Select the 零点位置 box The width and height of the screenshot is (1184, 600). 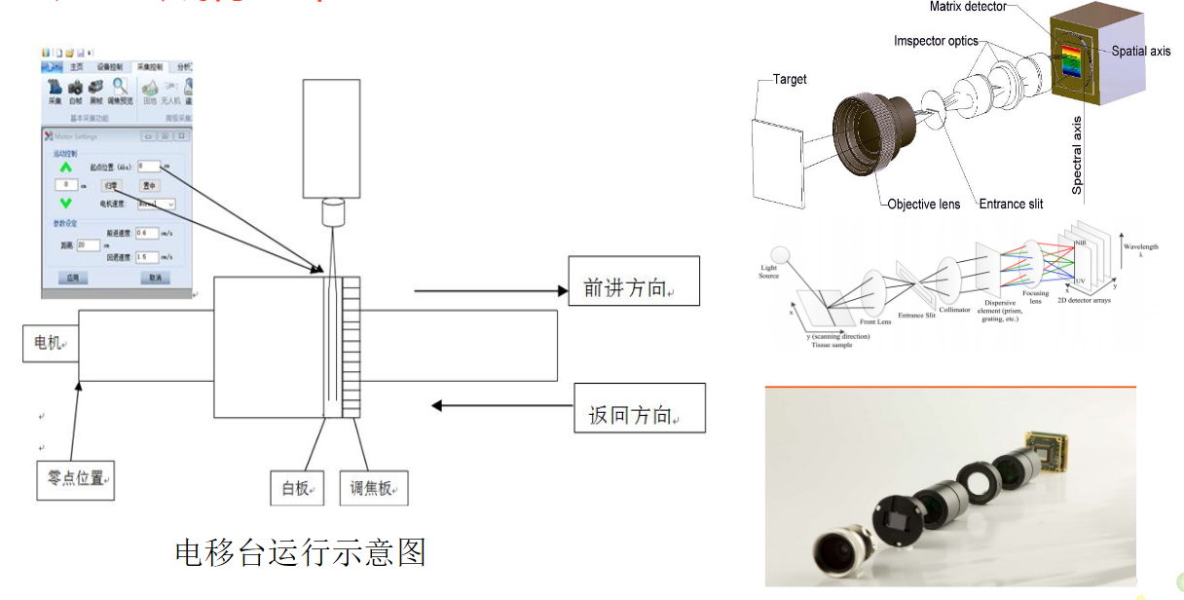pyautogui.click(x=75, y=479)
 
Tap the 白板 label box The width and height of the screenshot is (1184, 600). pyautogui.click(x=297, y=488)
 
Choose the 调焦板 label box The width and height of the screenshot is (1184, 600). pyautogui.click(x=374, y=488)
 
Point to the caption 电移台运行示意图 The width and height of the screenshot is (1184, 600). pyautogui.click(x=300, y=552)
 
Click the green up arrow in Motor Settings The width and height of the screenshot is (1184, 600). pyautogui.click(x=66, y=167)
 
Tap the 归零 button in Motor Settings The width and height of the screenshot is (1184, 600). pyautogui.click(x=112, y=184)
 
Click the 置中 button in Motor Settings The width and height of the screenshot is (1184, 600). pyautogui.click(x=150, y=184)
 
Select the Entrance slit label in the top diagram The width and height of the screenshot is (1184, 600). pyautogui.click(x=1011, y=204)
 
